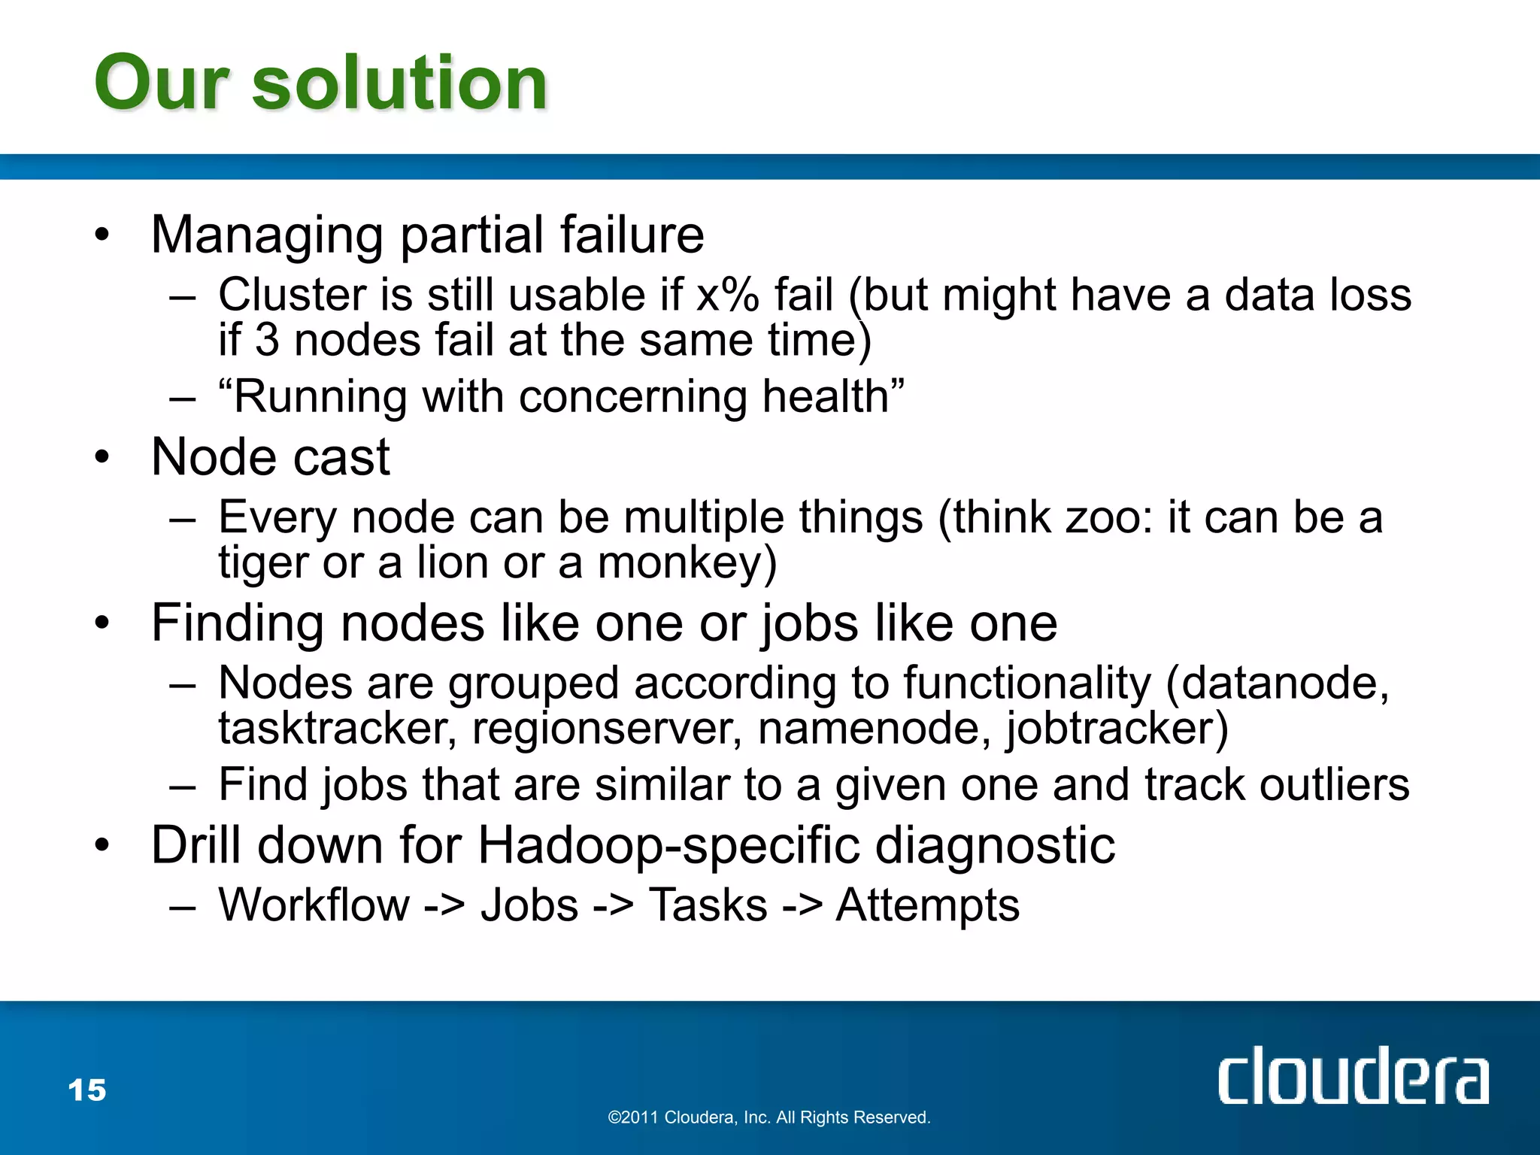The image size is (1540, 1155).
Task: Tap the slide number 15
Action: point(87,1090)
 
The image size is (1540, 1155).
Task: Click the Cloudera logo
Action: point(1353,1075)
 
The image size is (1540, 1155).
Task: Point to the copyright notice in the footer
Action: point(769,1117)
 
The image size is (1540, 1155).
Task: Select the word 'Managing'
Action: point(268,235)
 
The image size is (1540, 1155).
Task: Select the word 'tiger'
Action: point(263,564)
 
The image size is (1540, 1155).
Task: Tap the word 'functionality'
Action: point(1027,684)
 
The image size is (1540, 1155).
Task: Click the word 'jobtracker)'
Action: point(1117,729)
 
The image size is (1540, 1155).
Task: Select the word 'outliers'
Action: point(1334,785)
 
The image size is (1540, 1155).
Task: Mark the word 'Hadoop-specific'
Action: point(668,846)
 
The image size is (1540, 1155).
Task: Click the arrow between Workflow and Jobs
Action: point(444,905)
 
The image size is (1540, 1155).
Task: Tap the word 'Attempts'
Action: point(928,905)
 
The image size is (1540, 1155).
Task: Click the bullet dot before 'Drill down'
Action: point(102,846)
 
